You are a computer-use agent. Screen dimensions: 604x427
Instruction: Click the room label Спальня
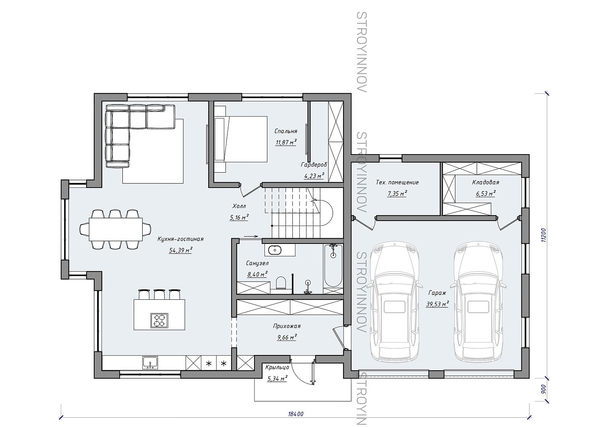[285, 131]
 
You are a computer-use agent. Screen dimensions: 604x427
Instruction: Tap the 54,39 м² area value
[180, 250]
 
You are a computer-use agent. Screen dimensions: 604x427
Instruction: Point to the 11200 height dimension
[543, 235]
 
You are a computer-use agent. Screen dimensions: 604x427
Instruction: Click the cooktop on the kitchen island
[159, 320]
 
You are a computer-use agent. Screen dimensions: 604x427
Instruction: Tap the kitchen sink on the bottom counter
[151, 362]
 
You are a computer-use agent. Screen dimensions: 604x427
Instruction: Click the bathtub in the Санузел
[333, 266]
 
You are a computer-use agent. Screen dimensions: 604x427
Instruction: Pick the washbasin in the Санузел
[275, 250]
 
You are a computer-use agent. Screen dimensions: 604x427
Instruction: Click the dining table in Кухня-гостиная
[116, 229]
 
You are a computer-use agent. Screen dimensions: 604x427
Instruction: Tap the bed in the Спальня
[240, 139]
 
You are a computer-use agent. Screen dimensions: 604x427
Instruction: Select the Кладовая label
[486, 182]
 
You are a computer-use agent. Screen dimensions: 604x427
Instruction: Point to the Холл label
[239, 206]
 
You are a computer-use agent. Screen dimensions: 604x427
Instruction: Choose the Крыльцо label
[277, 367]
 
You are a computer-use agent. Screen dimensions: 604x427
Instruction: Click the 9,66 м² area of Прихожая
[287, 337]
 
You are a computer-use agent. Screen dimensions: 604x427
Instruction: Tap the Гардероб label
[314, 165]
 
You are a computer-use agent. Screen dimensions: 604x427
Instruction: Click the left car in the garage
[394, 301]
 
